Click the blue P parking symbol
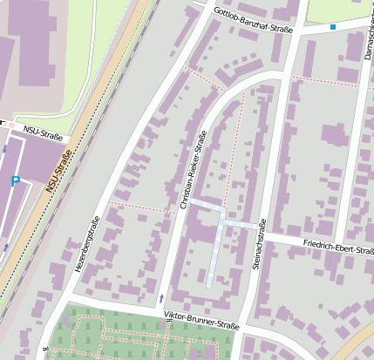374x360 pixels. (x=15, y=180)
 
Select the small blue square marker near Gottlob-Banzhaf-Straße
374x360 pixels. (x=332, y=27)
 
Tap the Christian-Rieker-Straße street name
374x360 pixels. (x=193, y=170)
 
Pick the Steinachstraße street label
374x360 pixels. (x=256, y=248)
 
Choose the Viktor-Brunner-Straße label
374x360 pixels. (x=201, y=319)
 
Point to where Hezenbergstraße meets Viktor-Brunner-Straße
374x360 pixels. (x=64, y=302)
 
